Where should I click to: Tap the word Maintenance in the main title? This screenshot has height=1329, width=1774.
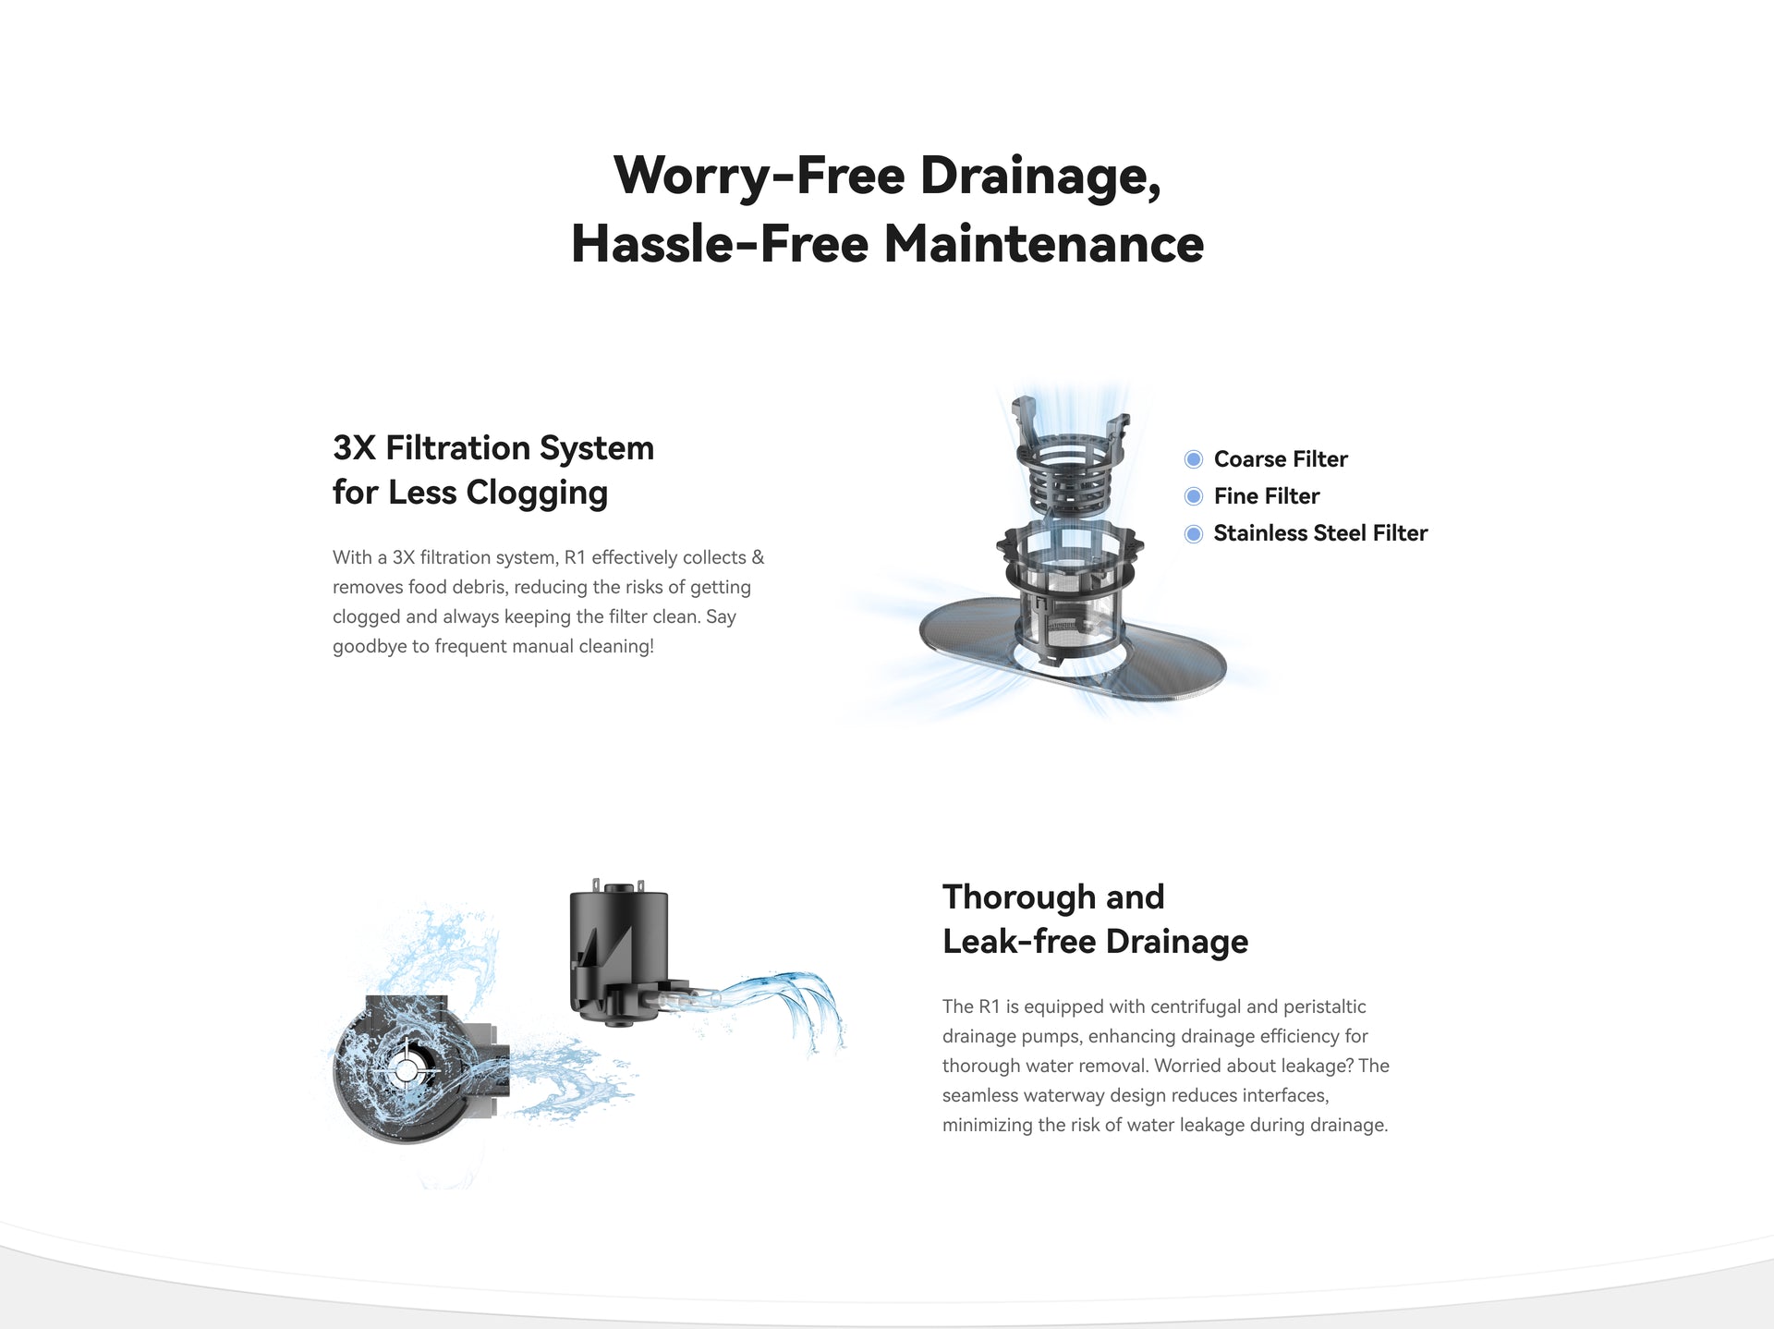[x=1043, y=244]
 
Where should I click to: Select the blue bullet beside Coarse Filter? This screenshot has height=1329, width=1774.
[x=1194, y=459]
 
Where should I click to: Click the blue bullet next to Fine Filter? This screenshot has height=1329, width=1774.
[x=1194, y=496]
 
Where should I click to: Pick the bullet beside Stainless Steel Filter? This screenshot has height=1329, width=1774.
[x=1194, y=533]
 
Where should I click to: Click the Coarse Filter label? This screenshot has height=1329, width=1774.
[x=1281, y=459]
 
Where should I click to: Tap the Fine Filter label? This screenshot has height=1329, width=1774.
[x=1267, y=496]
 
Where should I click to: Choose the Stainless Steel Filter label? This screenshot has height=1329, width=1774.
[x=1320, y=533]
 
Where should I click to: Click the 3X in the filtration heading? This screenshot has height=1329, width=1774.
[x=355, y=448]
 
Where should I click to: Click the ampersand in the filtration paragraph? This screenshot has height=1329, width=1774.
[x=758, y=557]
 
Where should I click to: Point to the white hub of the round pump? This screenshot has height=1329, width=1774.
[x=407, y=1071]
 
